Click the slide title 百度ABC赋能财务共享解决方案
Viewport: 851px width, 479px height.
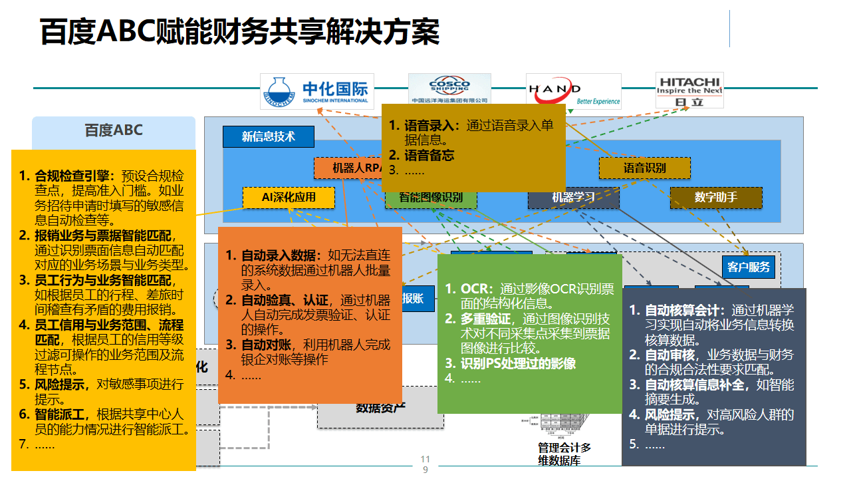coord(240,31)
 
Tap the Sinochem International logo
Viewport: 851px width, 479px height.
coord(317,91)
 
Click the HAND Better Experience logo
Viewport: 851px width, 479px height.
coord(573,91)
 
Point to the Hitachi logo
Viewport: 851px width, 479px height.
coord(689,90)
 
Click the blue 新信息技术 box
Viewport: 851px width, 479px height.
coord(268,136)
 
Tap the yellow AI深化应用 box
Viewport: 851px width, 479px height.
coord(289,197)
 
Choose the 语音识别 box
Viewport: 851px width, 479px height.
coord(644,168)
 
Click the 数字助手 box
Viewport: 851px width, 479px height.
coord(715,197)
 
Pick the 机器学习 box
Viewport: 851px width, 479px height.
coord(573,198)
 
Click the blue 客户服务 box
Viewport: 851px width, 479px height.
coord(748,267)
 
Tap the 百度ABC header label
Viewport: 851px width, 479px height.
coord(114,130)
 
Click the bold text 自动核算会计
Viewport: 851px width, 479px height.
coord(685,310)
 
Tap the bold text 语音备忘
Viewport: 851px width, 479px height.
coord(429,156)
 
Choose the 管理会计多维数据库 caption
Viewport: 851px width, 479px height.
coord(564,454)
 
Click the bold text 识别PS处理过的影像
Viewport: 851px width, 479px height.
coord(518,363)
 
